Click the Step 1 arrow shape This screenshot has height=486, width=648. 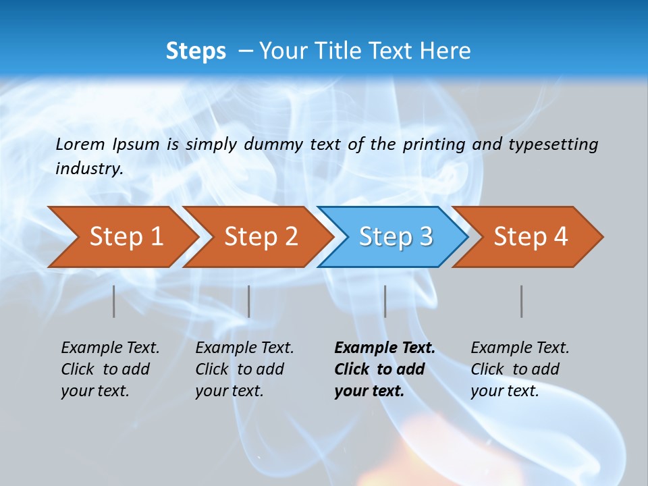(126, 237)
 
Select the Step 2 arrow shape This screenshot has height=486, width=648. (261, 237)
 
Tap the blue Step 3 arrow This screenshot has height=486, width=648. (396, 237)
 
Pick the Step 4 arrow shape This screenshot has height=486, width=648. (531, 237)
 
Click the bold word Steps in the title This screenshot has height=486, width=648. (196, 51)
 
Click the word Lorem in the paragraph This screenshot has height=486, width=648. (80, 144)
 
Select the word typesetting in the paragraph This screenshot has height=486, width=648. (553, 144)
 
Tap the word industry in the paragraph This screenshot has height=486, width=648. (88, 168)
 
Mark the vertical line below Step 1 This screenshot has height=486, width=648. (114, 301)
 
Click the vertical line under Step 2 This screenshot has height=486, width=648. (249, 301)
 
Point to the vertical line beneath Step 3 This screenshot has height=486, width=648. (385, 301)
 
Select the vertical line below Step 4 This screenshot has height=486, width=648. (522, 301)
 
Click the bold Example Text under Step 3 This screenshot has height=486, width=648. (384, 348)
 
